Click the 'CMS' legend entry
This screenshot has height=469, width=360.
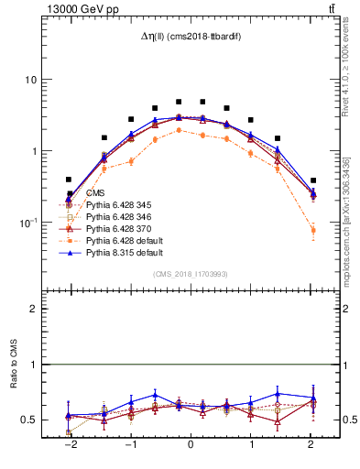click(95, 193)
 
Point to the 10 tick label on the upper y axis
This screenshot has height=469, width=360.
click(30, 80)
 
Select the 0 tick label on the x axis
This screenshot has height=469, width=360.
click(191, 444)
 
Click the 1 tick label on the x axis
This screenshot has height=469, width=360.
click(252, 444)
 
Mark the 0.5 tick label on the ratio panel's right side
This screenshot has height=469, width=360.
click(336, 420)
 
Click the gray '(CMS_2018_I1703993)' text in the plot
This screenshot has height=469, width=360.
click(190, 274)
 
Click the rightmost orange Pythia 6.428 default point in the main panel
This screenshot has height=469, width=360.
click(313, 231)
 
